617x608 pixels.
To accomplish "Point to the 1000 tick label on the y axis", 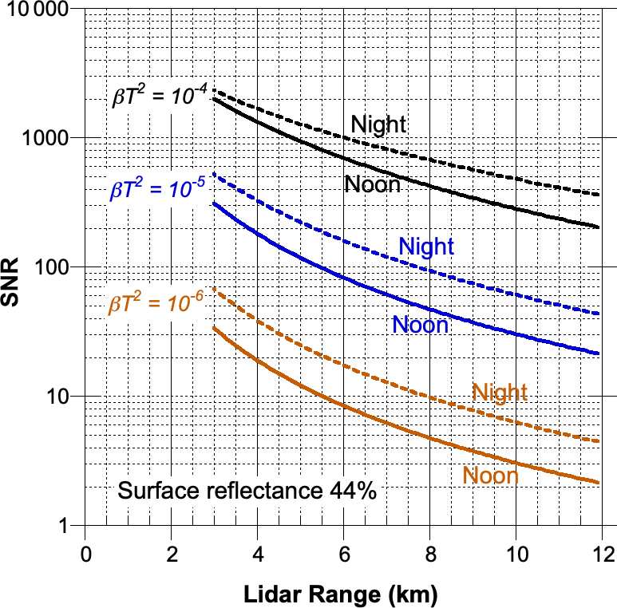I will click(47, 137).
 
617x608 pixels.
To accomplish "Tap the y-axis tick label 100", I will click(52, 266).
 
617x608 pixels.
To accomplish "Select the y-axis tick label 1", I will click(64, 526).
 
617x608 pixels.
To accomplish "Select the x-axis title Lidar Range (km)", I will click(342, 594).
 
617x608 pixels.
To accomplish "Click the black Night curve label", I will click(378, 124).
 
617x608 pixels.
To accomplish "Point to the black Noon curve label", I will click(372, 184).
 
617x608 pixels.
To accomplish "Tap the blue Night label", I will click(426, 247).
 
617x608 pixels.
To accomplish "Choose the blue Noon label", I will click(420, 325).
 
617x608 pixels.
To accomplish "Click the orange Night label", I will click(500, 392).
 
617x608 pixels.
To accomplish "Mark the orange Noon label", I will click(490, 476).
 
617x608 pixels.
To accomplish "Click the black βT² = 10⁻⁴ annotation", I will click(159, 98).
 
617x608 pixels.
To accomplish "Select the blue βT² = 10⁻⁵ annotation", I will click(157, 190).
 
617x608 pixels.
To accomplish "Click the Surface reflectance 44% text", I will click(246, 491).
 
